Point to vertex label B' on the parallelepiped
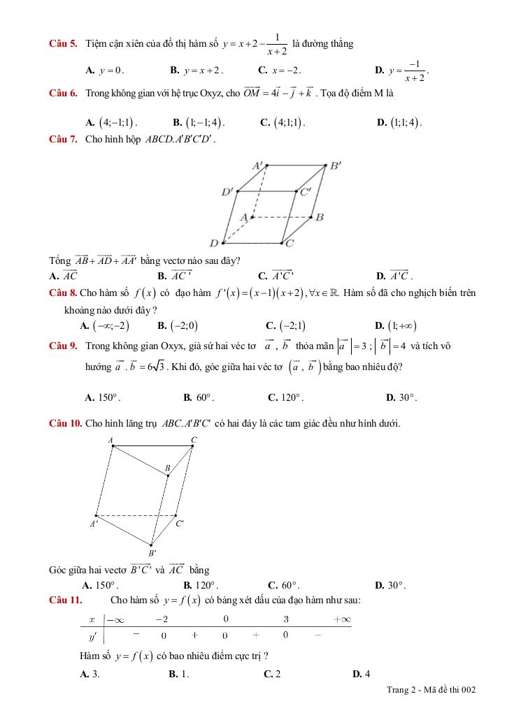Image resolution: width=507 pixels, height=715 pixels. [x=335, y=166]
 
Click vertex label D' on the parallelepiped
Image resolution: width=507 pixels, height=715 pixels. [x=227, y=191]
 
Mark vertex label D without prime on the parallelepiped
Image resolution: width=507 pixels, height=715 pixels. [x=214, y=243]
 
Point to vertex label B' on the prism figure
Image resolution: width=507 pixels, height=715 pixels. [x=152, y=553]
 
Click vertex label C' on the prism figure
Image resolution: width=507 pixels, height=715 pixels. [x=180, y=523]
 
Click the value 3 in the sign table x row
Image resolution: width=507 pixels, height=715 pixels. [x=286, y=619]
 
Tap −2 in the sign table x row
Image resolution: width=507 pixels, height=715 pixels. [x=162, y=619]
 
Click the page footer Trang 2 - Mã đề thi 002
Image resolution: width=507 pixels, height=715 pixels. [x=431, y=690]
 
